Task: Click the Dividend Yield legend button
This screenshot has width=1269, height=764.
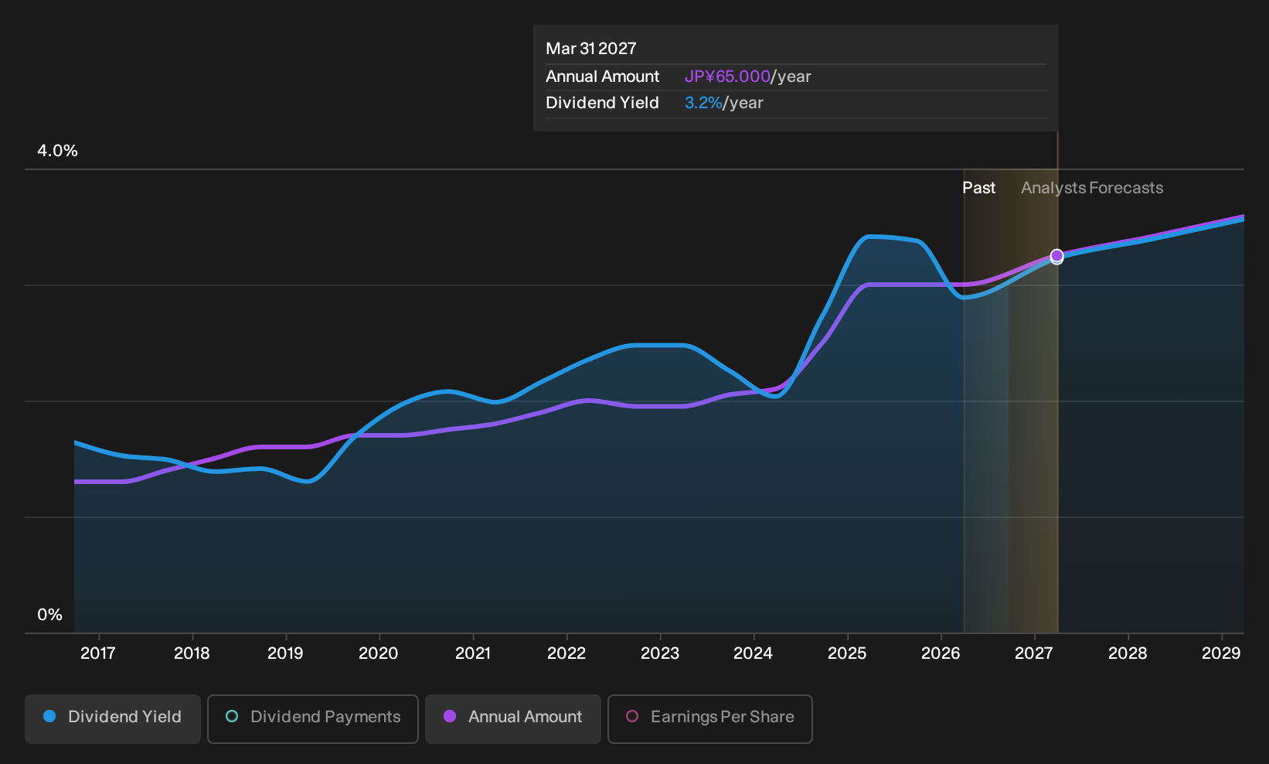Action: coord(113,718)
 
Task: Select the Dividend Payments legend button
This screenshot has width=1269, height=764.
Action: coord(313,718)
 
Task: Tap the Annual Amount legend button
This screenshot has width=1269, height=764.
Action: coord(512,718)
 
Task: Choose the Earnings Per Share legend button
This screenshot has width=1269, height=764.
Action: coord(709,718)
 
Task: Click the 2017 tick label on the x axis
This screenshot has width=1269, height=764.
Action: coord(98,653)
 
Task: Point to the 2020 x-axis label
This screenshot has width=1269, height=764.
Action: coord(379,653)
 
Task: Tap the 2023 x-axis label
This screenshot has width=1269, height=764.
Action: coord(660,653)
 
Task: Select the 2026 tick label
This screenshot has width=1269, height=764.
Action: coord(941,653)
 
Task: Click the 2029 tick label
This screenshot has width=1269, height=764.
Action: coord(1221,653)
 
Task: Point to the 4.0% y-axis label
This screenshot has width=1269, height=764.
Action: coord(57,151)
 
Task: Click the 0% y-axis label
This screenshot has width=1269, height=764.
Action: coord(50,615)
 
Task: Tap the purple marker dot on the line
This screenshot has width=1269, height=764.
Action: coord(1056,256)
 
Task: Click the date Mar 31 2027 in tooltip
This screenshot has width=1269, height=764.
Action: coord(591,49)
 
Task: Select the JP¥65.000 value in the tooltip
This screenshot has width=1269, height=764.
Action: coord(727,77)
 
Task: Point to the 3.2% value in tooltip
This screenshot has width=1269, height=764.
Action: coord(703,103)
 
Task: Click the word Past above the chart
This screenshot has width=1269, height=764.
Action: coord(979,188)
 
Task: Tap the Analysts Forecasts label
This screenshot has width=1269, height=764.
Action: coord(1092,188)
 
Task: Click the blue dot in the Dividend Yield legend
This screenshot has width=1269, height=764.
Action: coord(50,716)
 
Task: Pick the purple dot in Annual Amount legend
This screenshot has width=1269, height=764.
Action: coord(450,716)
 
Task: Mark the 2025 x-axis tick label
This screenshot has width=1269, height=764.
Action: coord(847,653)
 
